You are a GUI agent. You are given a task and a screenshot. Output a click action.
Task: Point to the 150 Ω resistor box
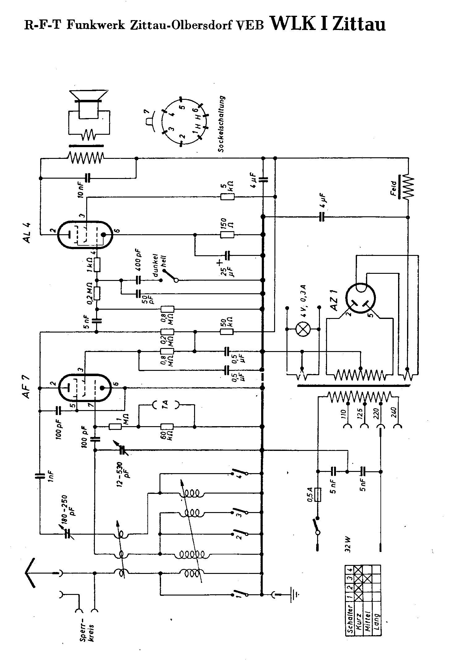point(227,235)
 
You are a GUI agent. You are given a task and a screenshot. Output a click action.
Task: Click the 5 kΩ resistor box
point(227,197)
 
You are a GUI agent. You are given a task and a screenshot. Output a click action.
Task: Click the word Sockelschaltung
point(221,124)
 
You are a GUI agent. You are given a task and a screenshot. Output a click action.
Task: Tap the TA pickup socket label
point(165,404)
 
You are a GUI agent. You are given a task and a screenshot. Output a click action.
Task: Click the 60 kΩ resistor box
point(167,427)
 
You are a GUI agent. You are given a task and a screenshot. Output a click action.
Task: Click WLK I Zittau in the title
point(328,23)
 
